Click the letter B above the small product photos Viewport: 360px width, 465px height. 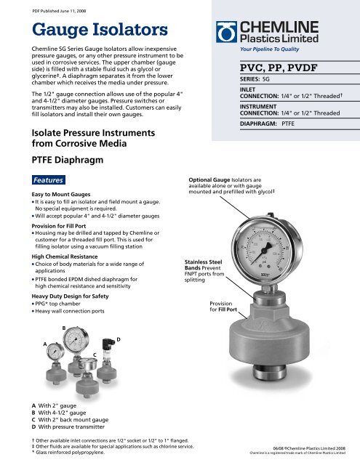(x=63, y=328)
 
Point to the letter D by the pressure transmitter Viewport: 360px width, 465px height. (x=119, y=339)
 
